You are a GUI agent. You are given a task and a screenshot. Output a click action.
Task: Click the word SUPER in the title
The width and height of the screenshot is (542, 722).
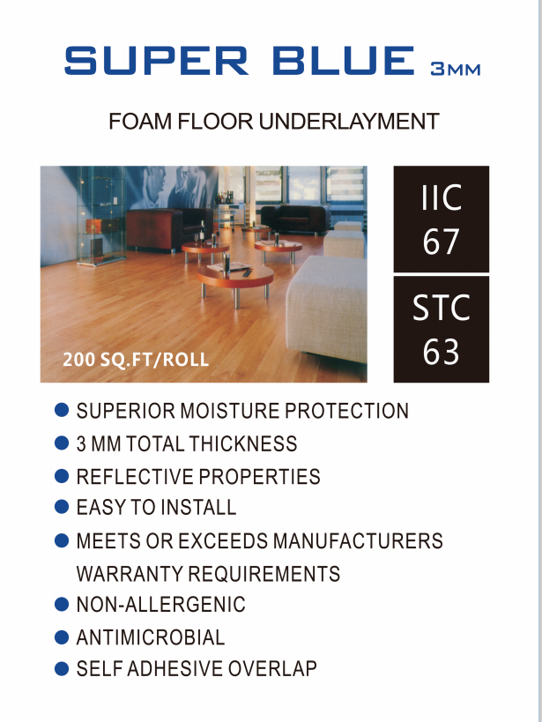(x=156, y=60)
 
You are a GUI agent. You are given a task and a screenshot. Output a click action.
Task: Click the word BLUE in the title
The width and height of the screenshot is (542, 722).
(x=344, y=60)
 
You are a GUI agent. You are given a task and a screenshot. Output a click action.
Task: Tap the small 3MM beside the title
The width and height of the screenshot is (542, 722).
(x=456, y=69)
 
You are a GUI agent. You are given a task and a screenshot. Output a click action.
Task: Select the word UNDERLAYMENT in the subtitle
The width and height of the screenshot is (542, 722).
(x=349, y=122)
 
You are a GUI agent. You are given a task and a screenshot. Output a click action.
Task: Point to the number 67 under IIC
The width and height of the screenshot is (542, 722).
(x=441, y=242)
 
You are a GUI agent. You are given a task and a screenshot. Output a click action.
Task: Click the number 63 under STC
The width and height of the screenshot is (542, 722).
(x=441, y=352)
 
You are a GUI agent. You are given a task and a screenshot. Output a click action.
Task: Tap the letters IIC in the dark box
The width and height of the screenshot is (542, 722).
(x=442, y=197)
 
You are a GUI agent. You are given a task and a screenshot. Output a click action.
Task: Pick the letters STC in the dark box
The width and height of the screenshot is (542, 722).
(x=442, y=308)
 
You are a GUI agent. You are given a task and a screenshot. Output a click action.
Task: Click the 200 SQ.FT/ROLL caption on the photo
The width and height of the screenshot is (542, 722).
(x=136, y=359)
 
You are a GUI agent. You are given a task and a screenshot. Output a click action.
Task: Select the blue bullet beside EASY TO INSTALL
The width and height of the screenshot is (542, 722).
(x=61, y=507)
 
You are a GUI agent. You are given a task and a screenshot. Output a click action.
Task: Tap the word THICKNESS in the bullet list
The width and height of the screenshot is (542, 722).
(x=243, y=443)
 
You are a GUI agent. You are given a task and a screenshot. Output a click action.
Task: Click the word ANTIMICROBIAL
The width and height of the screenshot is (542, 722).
(x=151, y=637)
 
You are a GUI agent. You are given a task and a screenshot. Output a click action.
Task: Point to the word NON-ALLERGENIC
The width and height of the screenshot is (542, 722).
(x=160, y=605)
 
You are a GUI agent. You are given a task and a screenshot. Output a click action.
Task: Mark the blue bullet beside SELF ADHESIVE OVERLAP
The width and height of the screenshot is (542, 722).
(x=61, y=668)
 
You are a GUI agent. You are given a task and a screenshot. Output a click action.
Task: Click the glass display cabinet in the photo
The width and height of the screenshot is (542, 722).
(x=101, y=215)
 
